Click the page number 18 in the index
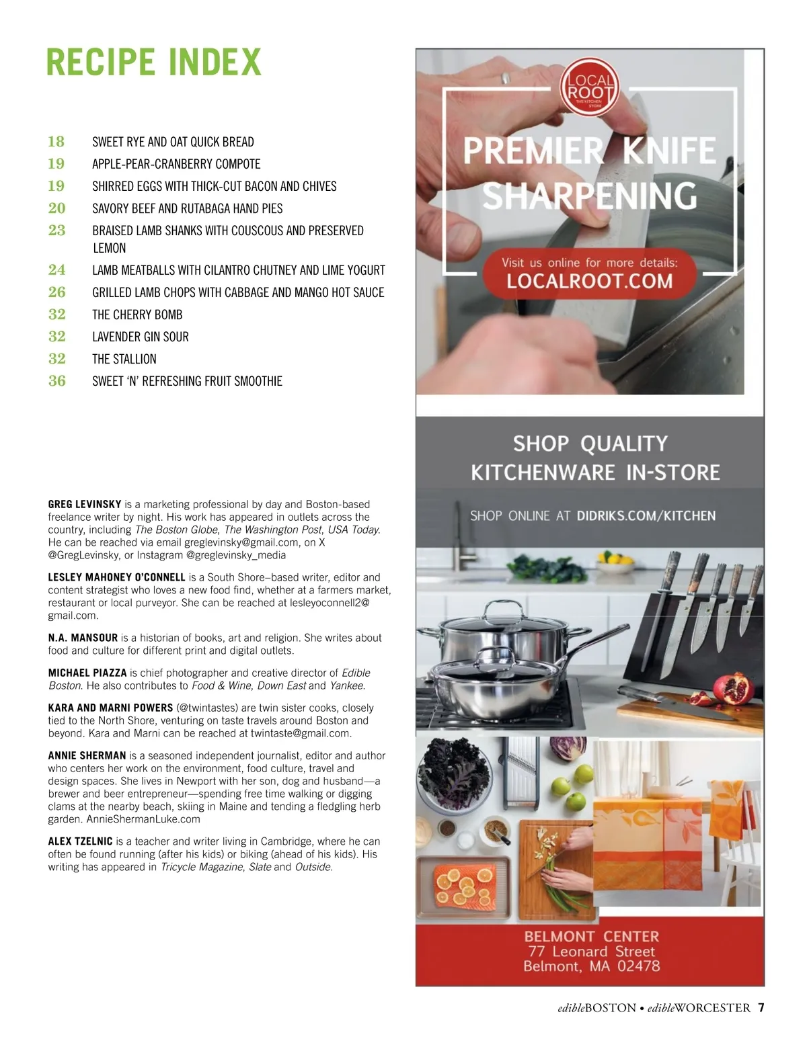[56, 142]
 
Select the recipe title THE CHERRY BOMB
[137, 315]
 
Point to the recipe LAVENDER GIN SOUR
[140, 337]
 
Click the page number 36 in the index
[57, 381]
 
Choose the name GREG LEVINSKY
[85, 504]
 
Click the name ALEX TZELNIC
[80, 841]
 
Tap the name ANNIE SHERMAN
[87, 755]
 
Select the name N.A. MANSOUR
[83, 638]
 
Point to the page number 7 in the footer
[761, 1008]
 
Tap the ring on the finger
[504, 78]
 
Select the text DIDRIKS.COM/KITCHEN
[646, 516]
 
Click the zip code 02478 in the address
[638, 966]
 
